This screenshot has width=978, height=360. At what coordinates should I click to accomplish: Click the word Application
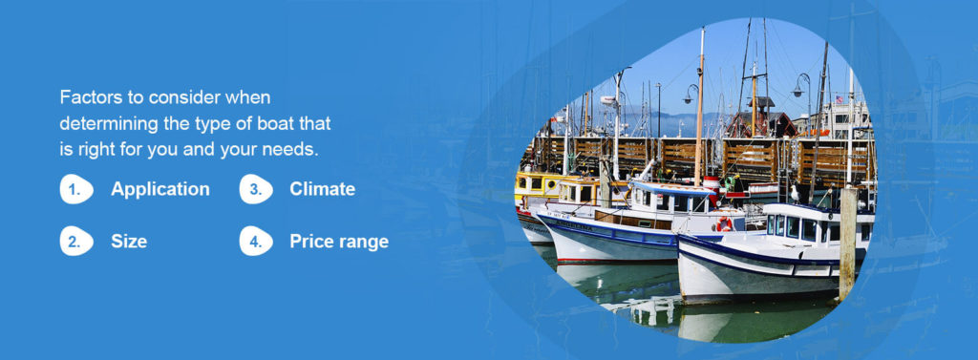pyautogui.click(x=159, y=189)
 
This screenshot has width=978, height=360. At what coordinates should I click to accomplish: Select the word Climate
pyautogui.click(x=322, y=189)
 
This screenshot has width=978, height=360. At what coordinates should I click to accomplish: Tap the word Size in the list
pyautogui.click(x=129, y=242)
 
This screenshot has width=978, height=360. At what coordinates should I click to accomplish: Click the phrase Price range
pyautogui.click(x=339, y=242)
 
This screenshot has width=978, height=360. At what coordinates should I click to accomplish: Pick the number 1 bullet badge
pyautogui.click(x=76, y=189)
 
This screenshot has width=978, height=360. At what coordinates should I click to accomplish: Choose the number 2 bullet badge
pyautogui.click(x=76, y=242)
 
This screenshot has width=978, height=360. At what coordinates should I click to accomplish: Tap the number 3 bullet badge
pyautogui.click(x=255, y=189)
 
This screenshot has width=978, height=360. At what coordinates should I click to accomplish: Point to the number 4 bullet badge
pyautogui.click(x=255, y=242)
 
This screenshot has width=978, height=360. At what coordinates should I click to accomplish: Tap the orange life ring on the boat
pyautogui.click(x=725, y=224)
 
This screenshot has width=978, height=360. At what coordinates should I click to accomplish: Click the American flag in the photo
pyautogui.click(x=840, y=100)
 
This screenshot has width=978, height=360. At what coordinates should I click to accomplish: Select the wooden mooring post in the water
pyautogui.click(x=847, y=244)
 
